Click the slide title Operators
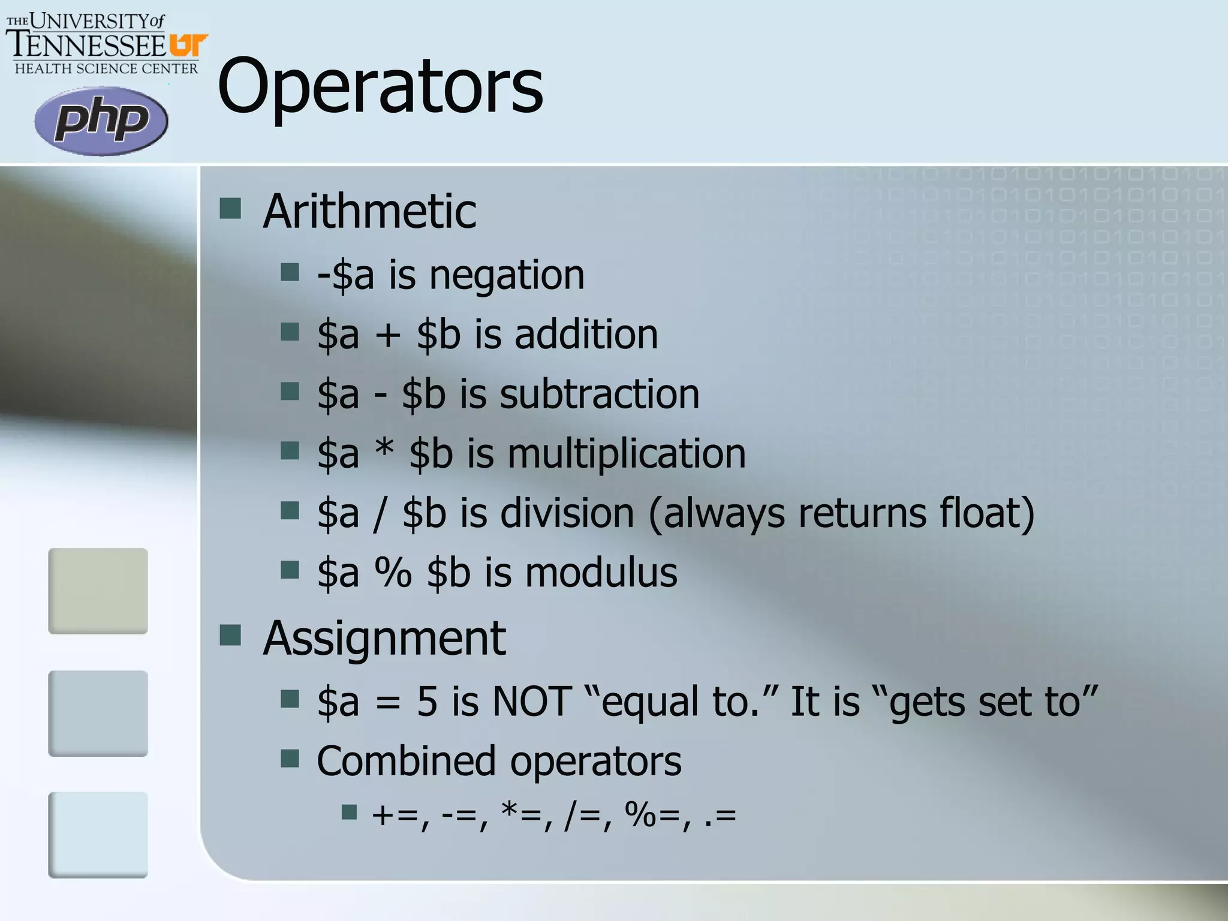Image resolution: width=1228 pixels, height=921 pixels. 380,86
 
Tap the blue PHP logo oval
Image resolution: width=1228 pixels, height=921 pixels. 101,121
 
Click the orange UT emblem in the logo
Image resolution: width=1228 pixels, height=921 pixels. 188,46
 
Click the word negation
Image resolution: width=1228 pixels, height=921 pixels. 507,275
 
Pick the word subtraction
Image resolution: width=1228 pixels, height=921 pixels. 599,395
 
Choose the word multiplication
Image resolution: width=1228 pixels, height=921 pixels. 627,453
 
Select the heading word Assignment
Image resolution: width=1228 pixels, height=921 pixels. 384,638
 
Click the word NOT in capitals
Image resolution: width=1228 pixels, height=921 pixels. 531,701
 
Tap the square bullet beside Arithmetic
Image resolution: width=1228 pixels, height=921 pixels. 230,209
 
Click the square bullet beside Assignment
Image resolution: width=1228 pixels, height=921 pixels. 230,635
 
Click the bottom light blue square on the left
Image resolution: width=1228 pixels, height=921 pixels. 98,835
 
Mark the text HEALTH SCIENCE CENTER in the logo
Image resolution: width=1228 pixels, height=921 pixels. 106,68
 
